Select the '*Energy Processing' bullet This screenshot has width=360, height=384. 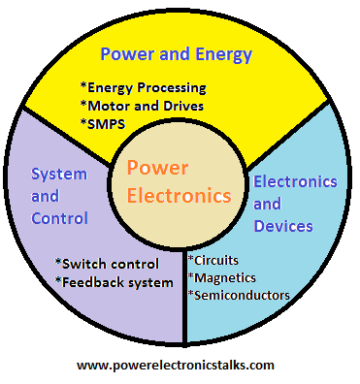[143, 88]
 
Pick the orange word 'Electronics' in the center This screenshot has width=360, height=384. [179, 195]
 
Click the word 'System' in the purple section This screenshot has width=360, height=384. [57, 174]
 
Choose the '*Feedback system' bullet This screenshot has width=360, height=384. [113, 281]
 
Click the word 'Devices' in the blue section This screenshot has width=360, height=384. [282, 226]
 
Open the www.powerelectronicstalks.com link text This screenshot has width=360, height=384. [176, 365]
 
